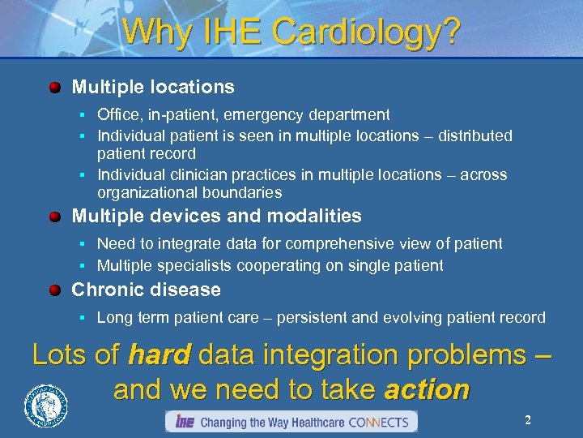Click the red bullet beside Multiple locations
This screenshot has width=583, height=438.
pyautogui.click(x=55, y=87)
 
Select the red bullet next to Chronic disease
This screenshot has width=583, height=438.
pyautogui.click(x=55, y=290)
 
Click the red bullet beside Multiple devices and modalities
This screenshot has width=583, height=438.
pyautogui.click(x=55, y=217)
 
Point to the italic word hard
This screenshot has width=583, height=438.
pyautogui.click(x=160, y=355)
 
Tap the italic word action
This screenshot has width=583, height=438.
pyautogui.click(x=427, y=389)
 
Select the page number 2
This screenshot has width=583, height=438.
pyautogui.click(x=528, y=420)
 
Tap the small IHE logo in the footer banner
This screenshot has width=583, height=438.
pyautogui.click(x=184, y=422)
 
